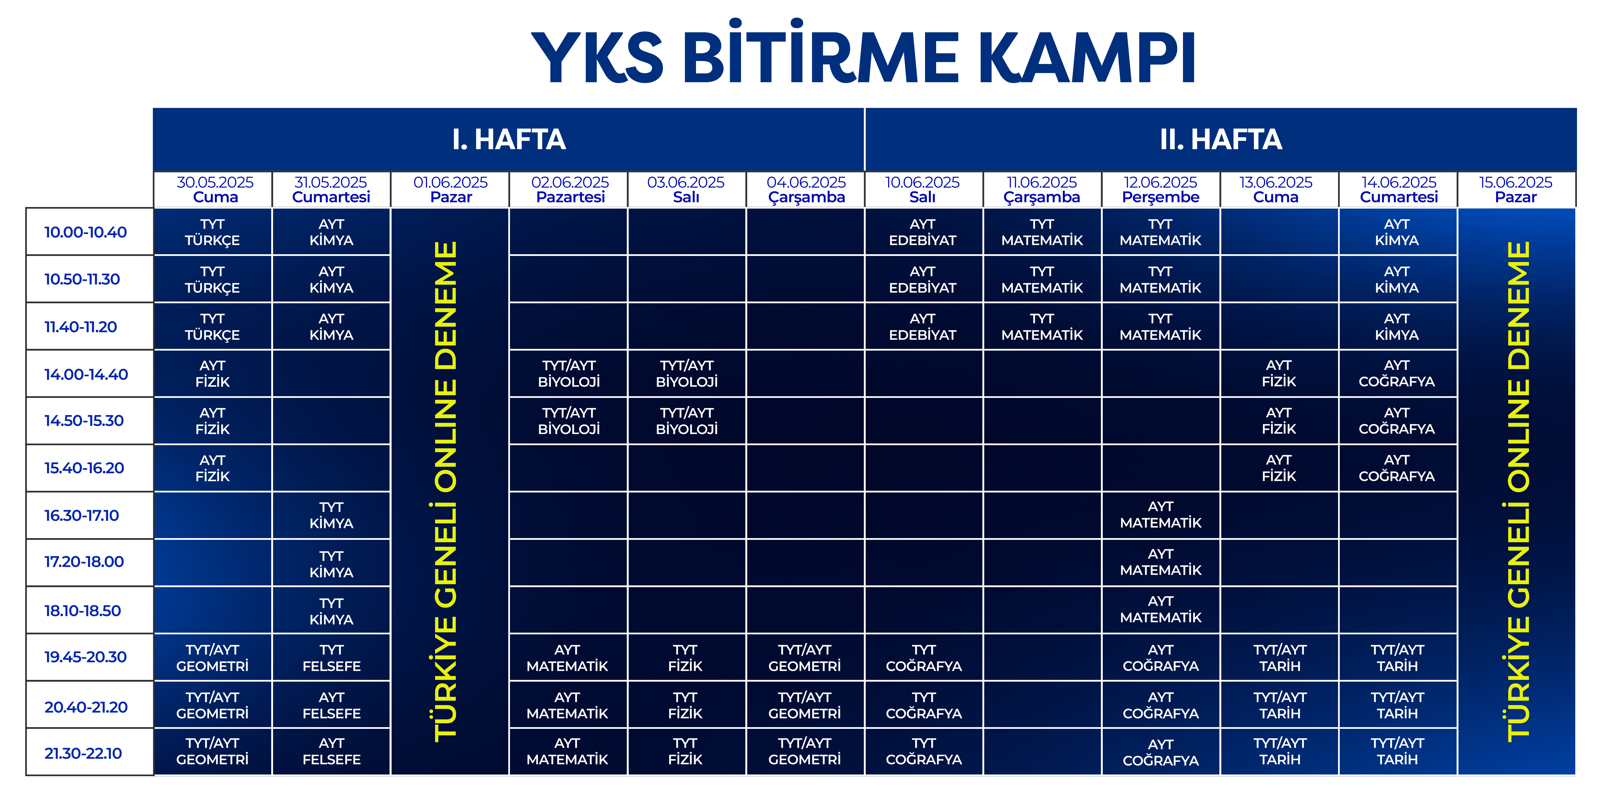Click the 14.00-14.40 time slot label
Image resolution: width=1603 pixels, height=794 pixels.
[x=86, y=374]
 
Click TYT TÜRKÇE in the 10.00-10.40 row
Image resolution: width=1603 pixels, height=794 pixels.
[x=212, y=232]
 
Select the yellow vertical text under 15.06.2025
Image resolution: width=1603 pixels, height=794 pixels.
[x=1518, y=491]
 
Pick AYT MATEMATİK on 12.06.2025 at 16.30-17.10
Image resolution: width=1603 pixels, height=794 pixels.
[x=1161, y=515]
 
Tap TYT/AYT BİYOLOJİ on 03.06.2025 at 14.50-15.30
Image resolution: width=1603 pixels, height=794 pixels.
[x=687, y=421]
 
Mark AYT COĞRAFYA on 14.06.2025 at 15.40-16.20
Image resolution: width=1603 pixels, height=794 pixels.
[x=1397, y=468]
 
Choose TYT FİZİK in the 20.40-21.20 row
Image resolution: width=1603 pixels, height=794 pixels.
[x=685, y=705]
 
